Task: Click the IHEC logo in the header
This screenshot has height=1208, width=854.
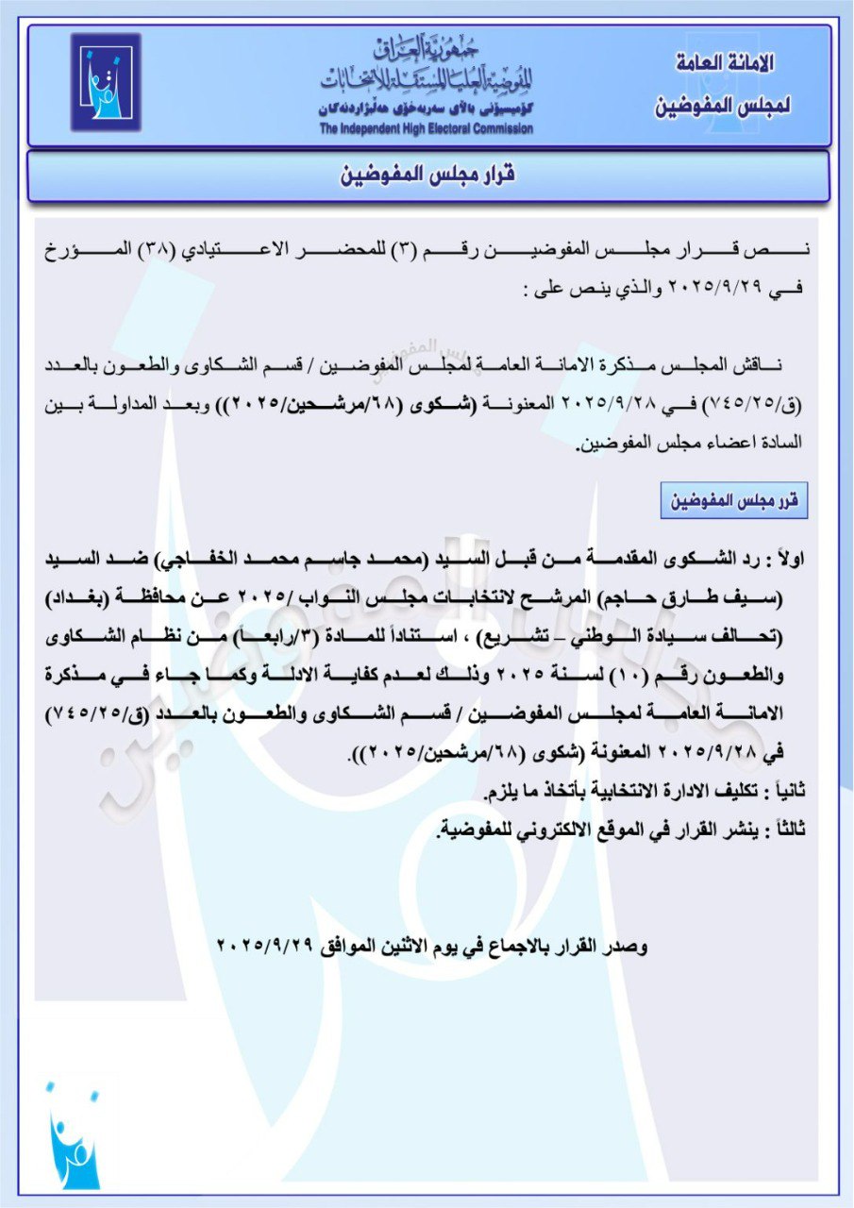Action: [x=105, y=82]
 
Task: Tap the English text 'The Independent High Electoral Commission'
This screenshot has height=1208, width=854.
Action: [x=425, y=128]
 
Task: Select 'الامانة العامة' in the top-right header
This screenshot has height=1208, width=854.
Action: [x=727, y=63]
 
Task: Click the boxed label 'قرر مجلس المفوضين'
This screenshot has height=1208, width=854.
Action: [x=734, y=501]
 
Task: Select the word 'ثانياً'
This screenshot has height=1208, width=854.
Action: [x=786, y=786]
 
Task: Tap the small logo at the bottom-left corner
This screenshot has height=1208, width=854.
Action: [x=74, y=1137]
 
